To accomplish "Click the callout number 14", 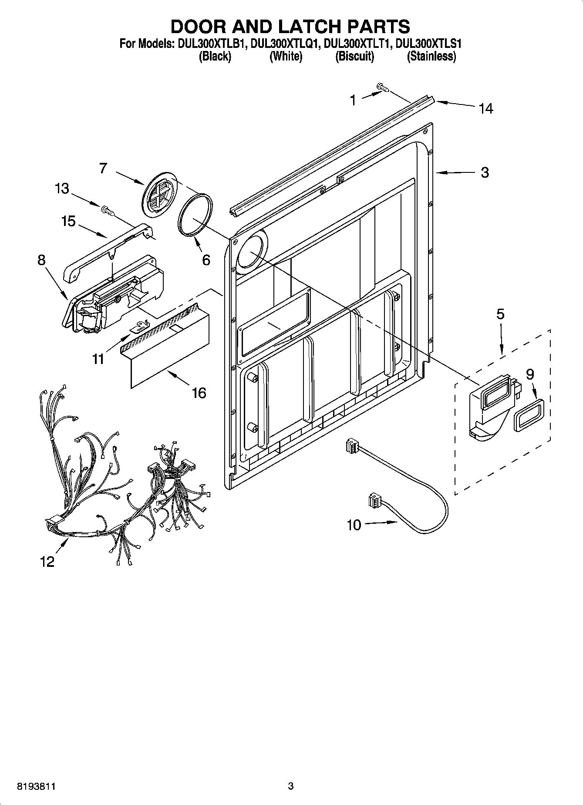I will point(486,108).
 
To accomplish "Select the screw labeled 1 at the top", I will point(383,88).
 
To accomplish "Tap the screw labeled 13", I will point(107,211).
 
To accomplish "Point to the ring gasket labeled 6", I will point(195,215).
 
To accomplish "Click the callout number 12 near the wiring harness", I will point(47,562).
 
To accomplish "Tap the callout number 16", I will point(199,393).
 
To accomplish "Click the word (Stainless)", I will point(431,56).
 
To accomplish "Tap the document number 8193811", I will point(36,786).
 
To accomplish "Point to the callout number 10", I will point(354,525).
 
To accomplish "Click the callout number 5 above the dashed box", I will point(500,314).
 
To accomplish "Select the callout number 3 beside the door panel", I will point(485,172).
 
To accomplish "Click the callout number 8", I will point(41,260).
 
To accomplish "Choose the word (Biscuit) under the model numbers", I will point(354,56).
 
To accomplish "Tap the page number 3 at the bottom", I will point(291,786).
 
